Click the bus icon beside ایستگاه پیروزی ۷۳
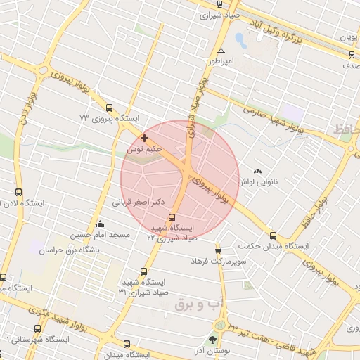(109, 108)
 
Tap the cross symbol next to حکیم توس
(145, 138)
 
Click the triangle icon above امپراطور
(221, 51)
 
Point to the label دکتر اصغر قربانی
(139, 202)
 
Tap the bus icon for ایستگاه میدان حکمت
(273, 236)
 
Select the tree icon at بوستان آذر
(212, 340)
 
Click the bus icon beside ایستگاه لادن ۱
(18, 191)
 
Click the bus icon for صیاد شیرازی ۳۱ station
(144, 271)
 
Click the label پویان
(349, 35)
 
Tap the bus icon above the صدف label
(352, 55)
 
